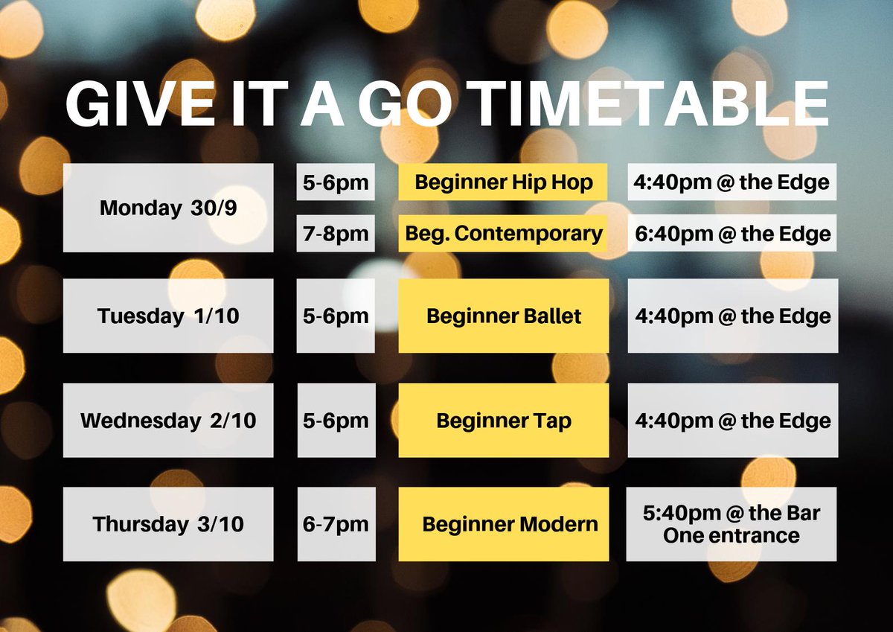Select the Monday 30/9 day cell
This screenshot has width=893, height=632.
168,208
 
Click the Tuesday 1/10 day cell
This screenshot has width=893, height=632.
168,316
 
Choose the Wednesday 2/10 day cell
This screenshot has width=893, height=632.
168,420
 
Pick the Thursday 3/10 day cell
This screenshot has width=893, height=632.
168,523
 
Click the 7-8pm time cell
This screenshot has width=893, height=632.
336,234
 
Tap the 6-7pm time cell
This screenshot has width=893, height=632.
336,523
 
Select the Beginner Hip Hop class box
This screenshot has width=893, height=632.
503,182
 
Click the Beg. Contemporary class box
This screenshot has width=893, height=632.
503,234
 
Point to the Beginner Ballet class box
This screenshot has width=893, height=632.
504,316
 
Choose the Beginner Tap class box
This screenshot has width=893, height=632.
504,420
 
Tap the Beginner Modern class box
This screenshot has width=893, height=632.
504,523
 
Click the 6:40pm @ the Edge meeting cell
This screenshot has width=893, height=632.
732,234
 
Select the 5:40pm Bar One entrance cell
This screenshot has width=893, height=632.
732,523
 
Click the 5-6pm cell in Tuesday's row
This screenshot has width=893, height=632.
336,316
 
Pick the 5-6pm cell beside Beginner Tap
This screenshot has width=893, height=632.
336,420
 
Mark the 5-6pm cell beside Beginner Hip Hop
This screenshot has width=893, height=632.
336,182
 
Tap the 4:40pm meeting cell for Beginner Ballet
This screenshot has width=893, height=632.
732,316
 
